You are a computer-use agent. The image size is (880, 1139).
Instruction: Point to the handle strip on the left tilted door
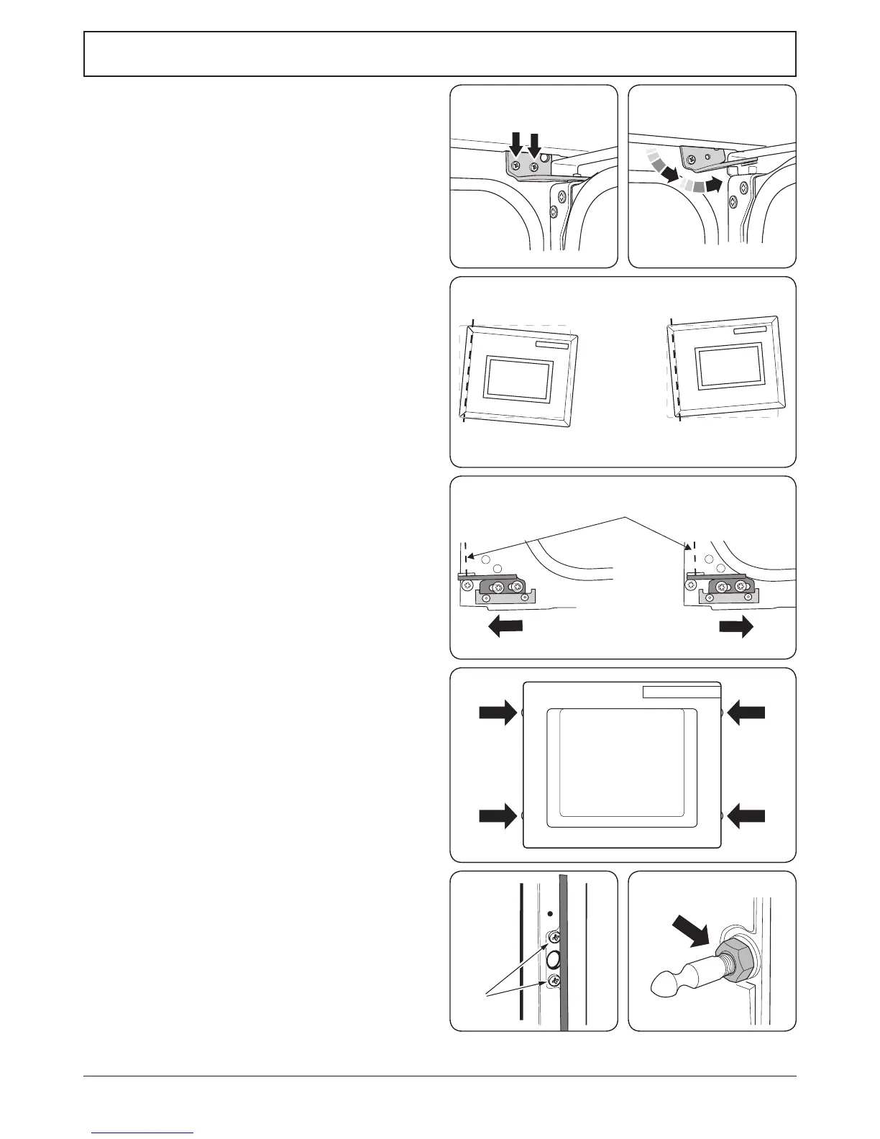pos(551,345)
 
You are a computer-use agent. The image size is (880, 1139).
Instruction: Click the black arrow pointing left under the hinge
pos(505,627)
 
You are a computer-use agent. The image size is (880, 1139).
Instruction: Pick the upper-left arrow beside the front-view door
pos(498,713)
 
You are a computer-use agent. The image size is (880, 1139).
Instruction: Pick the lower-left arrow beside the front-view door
pos(498,816)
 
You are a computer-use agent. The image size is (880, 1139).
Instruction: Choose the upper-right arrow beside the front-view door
pos(746,713)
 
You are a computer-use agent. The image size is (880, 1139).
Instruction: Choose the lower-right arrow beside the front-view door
pos(746,816)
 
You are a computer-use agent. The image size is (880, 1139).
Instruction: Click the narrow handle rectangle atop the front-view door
pos(681,692)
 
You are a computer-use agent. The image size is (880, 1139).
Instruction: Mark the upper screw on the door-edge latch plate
pos(554,937)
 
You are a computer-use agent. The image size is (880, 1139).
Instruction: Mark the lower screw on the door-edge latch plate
pos(554,981)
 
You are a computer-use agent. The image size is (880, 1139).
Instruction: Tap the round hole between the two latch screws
pos(554,959)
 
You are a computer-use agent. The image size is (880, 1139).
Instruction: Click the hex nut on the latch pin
pos(736,955)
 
